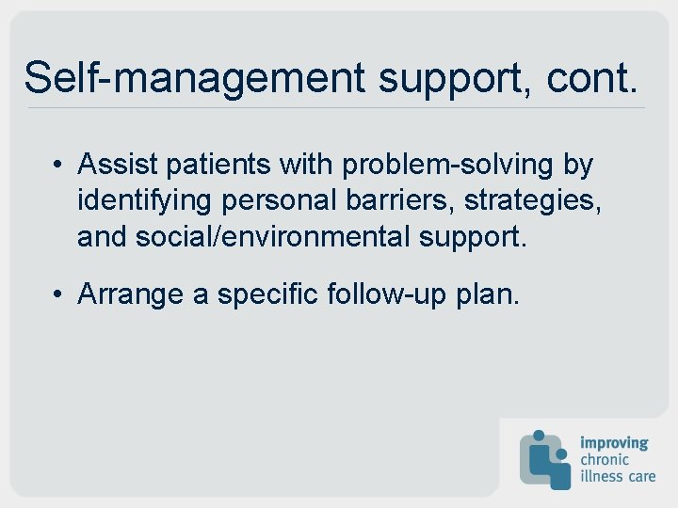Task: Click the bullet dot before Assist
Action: [57, 166]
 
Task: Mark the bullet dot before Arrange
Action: [57, 295]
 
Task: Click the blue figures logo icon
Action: [544, 458]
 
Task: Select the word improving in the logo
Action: [613, 442]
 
